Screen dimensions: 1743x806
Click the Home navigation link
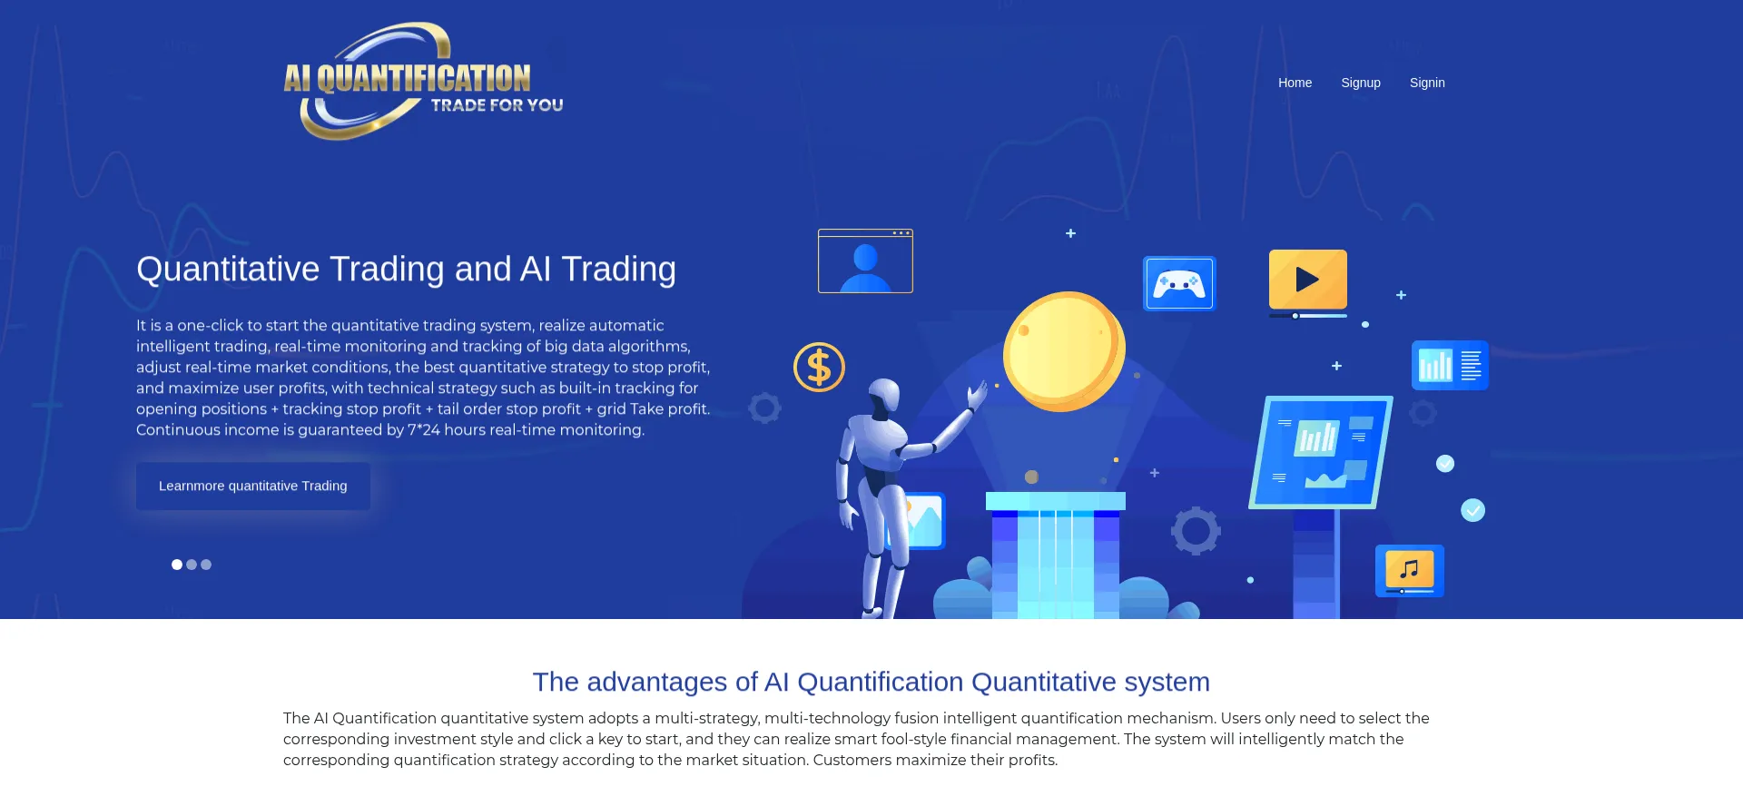point(1295,83)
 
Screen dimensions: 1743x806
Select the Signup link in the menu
point(1361,83)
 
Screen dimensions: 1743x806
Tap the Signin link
point(1427,83)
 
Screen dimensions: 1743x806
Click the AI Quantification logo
point(423,81)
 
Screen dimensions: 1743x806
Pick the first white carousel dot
point(177,565)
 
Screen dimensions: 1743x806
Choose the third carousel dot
point(206,565)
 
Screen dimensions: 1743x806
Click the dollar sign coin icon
point(819,367)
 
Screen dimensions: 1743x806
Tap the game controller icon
point(1179,283)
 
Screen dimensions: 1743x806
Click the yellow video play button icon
point(1308,280)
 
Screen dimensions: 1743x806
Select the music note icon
point(1410,570)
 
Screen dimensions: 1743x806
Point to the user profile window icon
point(865,260)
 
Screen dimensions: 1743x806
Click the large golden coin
point(1064,350)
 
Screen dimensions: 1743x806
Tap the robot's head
point(884,397)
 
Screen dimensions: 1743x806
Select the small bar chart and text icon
point(1450,365)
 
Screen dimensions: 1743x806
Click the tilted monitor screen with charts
point(1321,452)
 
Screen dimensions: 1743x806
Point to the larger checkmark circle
point(1472,510)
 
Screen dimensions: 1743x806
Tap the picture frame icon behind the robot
point(921,521)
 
